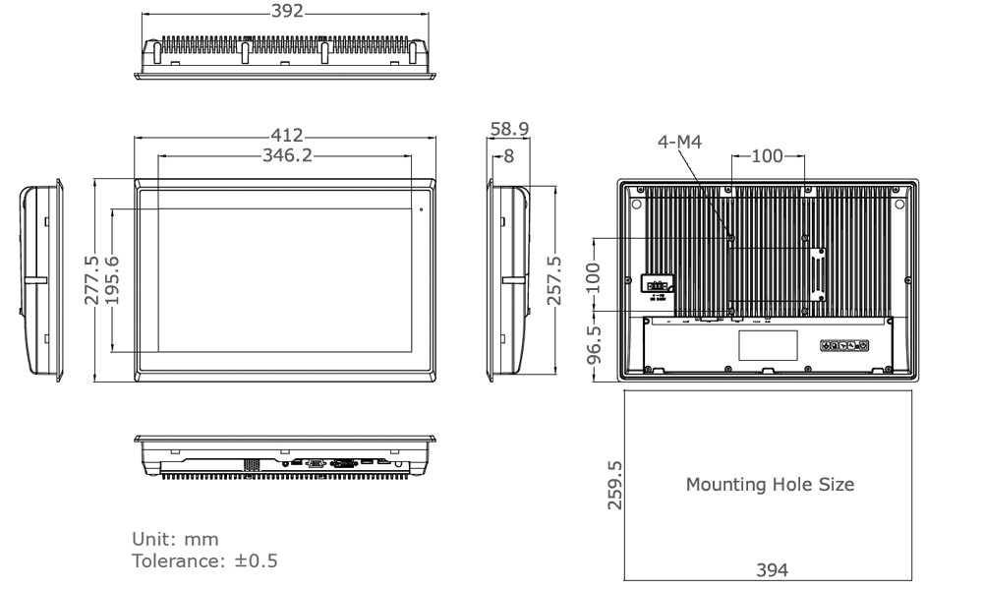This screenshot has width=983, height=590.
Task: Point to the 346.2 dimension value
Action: (x=288, y=154)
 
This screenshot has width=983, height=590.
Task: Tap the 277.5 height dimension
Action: (x=90, y=280)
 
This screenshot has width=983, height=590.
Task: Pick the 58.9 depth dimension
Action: (x=509, y=129)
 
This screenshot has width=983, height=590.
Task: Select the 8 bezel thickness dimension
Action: (x=508, y=155)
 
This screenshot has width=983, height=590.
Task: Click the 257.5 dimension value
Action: (x=553, y=280)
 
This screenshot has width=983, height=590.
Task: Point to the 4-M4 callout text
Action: (x=679, y=141)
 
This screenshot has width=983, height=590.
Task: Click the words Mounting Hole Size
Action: (x=770, y=484)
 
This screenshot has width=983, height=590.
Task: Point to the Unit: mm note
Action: (x=176, y=540)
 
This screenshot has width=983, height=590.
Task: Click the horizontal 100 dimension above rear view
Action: (x=768, y=155)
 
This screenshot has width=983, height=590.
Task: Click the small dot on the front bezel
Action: (x=422, y=208)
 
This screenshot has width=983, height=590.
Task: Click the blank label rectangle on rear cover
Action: (x=767, y=344)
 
